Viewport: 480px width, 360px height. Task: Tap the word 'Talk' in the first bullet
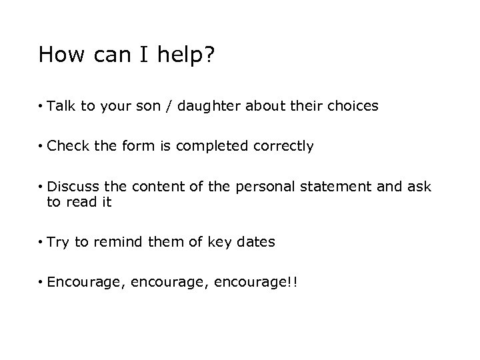pos(62,105)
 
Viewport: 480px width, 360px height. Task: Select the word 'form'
pos(136,146)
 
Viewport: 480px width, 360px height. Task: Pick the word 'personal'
pos(263,187)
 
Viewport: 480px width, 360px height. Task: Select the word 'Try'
pos(59,242)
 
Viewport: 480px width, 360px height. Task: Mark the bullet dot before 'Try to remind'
pos(41,243)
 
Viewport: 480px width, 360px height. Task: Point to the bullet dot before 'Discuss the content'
pos(41,187)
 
